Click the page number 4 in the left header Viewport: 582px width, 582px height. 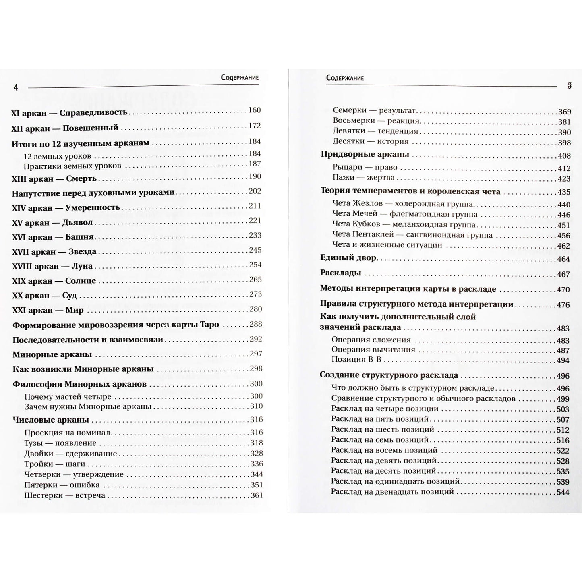coord(16,87)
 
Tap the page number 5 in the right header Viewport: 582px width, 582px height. coord(569,86)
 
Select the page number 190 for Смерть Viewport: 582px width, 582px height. coord(255,176)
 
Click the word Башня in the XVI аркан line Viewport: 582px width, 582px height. coord(79,237)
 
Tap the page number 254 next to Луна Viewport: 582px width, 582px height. coord(255,265)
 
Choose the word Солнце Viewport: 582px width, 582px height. coord(81,281)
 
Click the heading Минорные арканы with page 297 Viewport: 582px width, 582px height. coord(52,355)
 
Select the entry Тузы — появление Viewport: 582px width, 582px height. coord(60,443)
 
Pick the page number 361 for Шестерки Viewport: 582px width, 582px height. coord(256,495)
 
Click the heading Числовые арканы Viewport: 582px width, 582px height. coord(51,420)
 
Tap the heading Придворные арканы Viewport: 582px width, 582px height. coord(365,154)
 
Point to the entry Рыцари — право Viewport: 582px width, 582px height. coord(365,167)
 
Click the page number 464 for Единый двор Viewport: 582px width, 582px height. coord(563,259)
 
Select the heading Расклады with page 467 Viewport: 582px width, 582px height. coord(340,273)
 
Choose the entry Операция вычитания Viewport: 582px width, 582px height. coord(373,350)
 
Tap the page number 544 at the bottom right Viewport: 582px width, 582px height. coord(563,493)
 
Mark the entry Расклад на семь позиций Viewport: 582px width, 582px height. coord(380,440)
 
